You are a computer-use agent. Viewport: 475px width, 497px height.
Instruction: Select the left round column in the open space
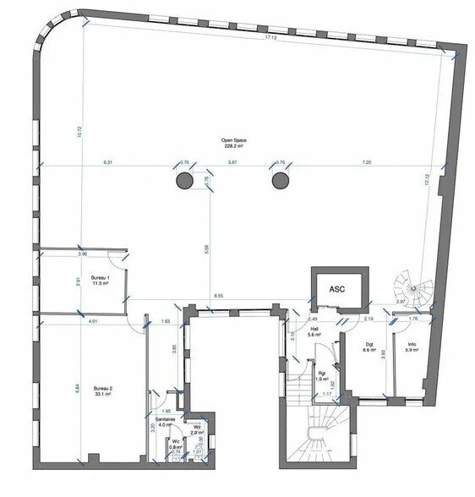pyautogui.click(x=183, y=180)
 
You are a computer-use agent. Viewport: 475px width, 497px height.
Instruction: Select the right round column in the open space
pyautogui.click(x=280, y=180)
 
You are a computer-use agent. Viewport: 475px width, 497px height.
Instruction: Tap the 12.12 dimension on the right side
pyautogui.click(x=428, y=179)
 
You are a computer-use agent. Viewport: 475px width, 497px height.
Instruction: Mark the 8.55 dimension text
pyautogui.click(x=218, y=296)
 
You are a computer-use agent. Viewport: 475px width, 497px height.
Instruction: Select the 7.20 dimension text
pyautogui.click(x=366, y=161)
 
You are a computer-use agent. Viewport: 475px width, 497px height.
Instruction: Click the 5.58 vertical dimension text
pyautogui.click(x=207, y=249)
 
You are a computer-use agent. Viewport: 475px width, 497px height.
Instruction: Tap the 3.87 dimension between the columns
pyautogui.click(x=232, y=161)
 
